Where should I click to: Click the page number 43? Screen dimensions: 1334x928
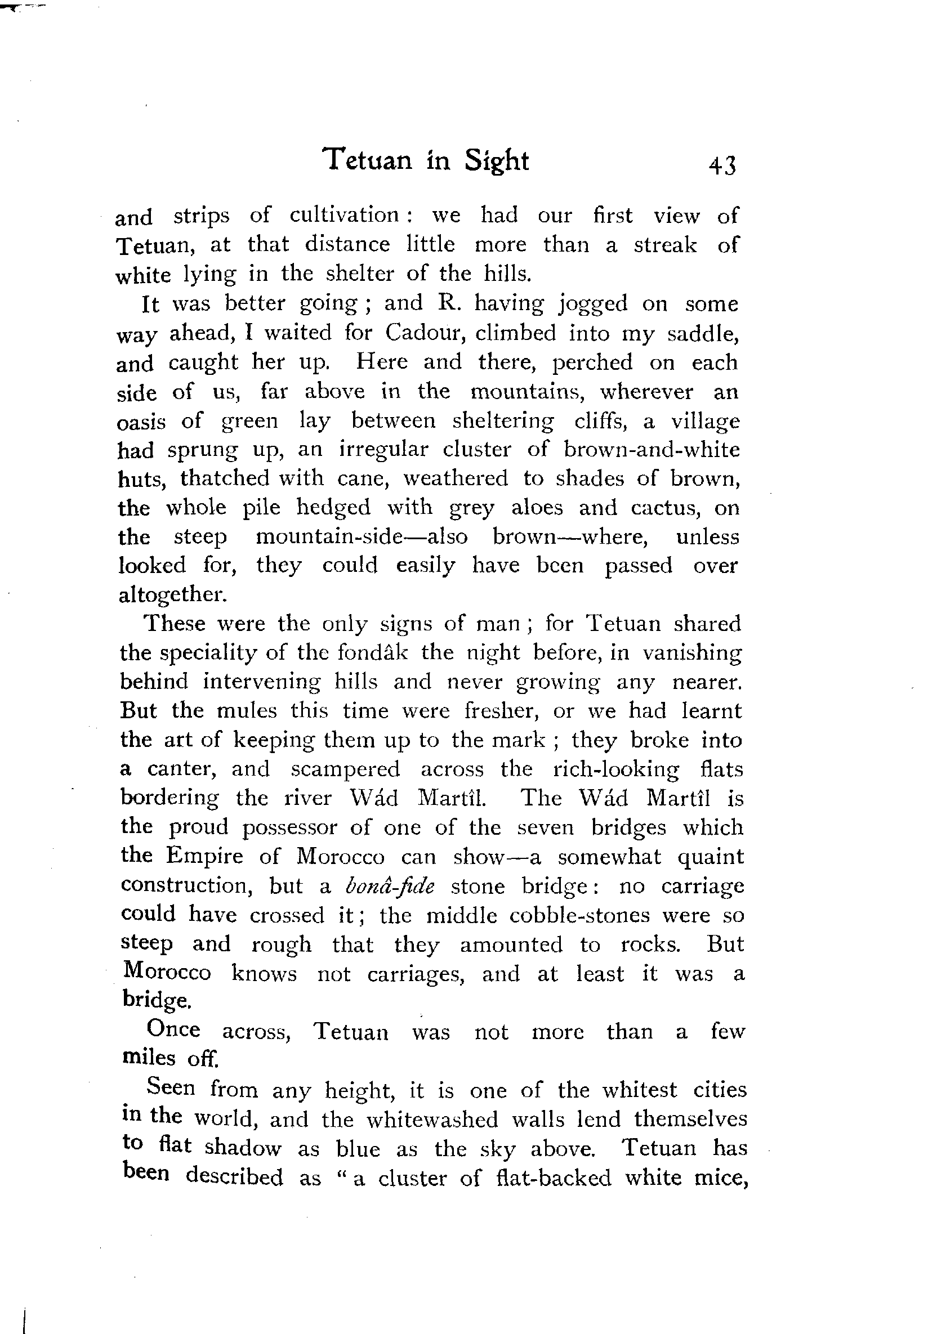722,166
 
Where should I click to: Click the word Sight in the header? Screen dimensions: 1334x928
496,161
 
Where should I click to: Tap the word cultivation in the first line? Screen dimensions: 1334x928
343,215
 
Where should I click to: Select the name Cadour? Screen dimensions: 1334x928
427,332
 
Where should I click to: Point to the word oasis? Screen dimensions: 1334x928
141,421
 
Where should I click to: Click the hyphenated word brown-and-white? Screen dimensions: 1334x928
652,449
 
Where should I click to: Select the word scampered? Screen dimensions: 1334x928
345,769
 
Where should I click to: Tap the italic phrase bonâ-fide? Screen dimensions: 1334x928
389,886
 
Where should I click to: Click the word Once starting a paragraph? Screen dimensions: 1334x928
173,1029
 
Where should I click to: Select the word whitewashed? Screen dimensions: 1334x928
432,1119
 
